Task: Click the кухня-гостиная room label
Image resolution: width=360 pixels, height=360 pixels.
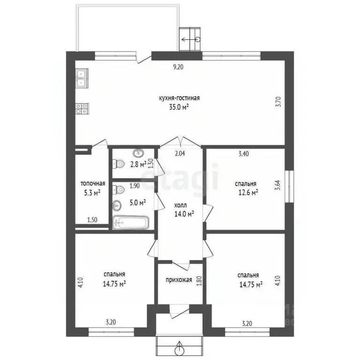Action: [180, 98]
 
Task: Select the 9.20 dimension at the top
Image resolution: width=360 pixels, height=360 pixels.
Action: [178, 67]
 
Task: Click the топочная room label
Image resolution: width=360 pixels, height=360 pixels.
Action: [93, 184]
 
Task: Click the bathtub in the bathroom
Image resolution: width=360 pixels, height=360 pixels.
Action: [132, 223]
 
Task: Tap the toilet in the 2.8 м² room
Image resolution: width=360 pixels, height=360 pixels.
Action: [119, 164]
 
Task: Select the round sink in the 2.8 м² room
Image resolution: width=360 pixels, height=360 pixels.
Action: [139, 153]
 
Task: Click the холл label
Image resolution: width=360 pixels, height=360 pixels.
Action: [180, 205]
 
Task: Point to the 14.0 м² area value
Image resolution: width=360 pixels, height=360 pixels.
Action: [184, 214]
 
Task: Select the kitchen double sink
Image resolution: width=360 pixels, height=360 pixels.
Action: [82, 77]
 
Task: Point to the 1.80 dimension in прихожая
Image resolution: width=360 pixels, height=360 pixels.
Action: [199, 281]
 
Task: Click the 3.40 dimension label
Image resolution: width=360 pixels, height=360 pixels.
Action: [244, 153]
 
